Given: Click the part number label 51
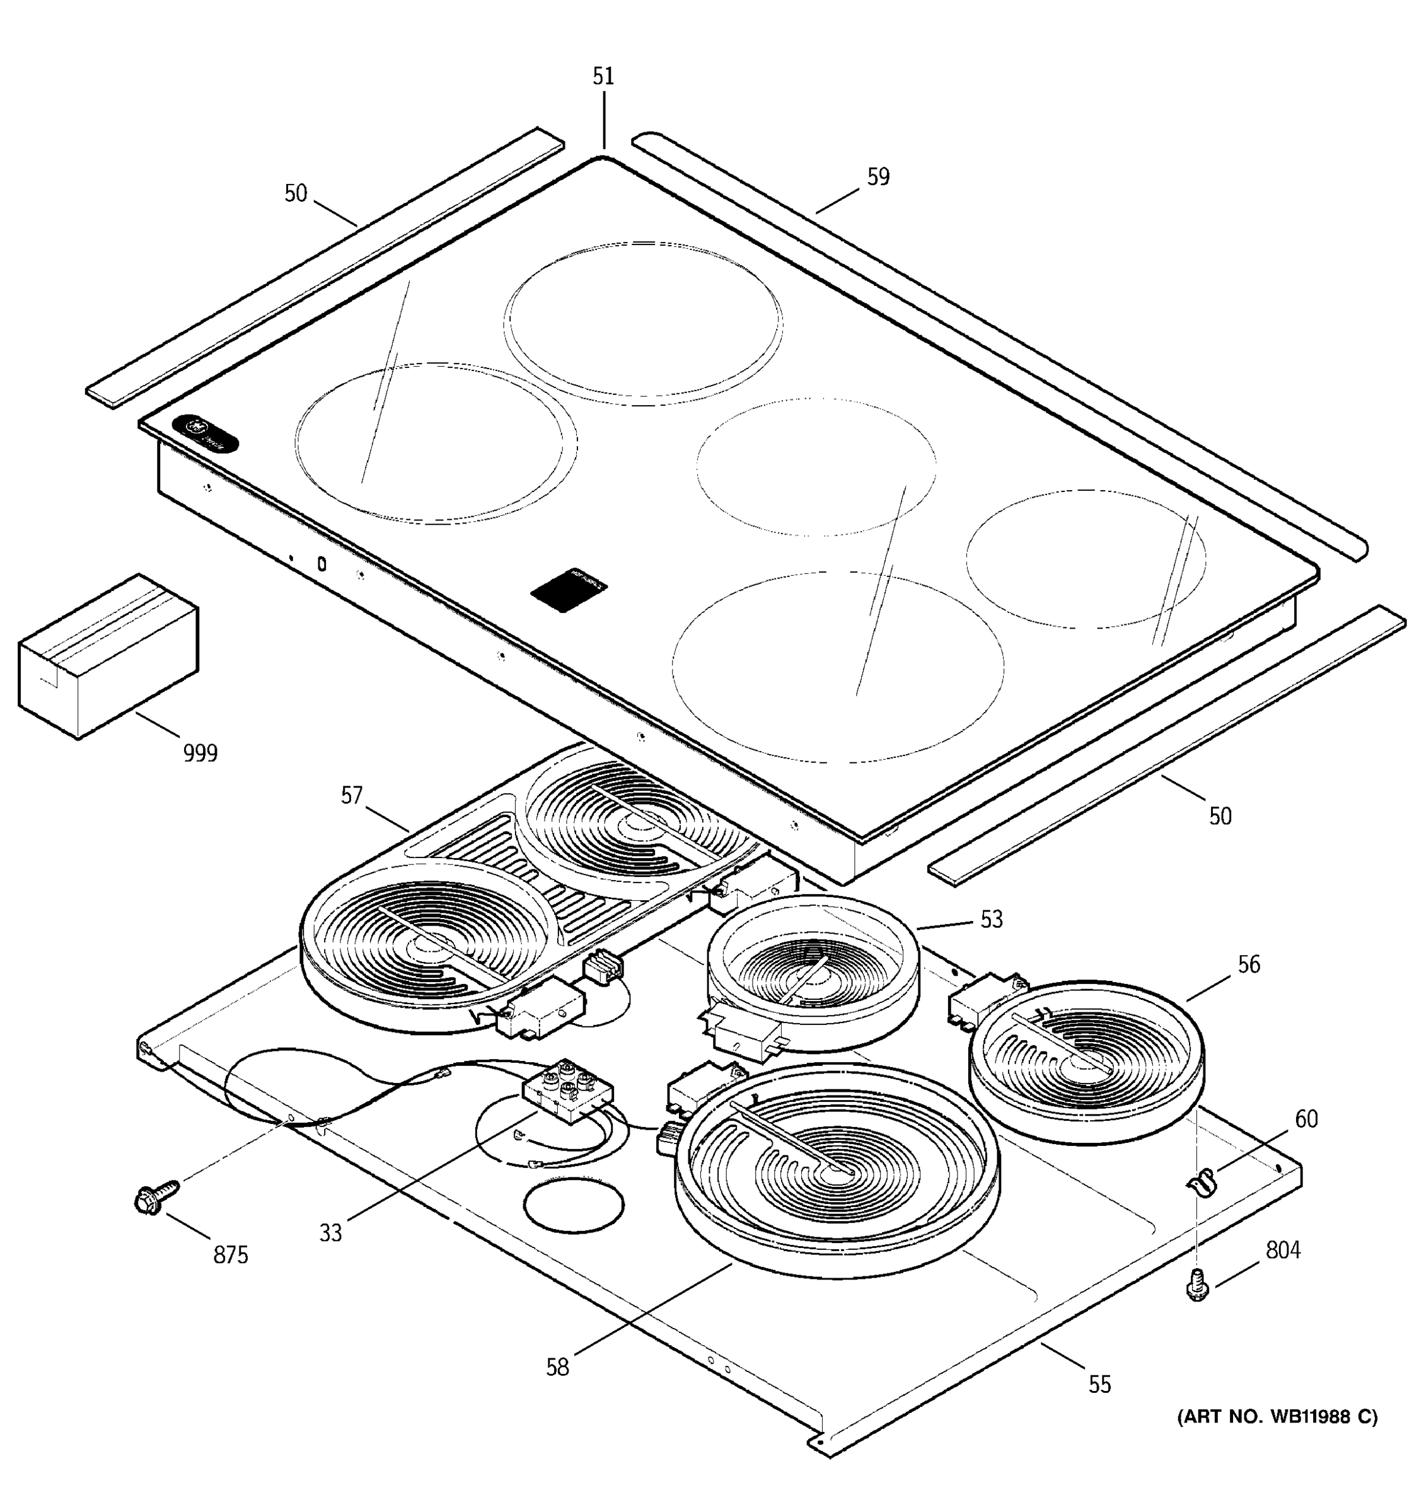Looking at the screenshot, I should [603, 77].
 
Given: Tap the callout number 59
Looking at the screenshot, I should [878, 177].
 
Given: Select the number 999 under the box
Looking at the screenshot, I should [200, 753].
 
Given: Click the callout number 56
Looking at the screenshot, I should [1249, 965].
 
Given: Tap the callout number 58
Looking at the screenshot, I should [557, 1368].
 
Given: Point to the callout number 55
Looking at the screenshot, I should [1099, 1384].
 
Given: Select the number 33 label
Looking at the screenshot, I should [330, 1233].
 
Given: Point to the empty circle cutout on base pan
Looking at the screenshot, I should [574, 1205].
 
